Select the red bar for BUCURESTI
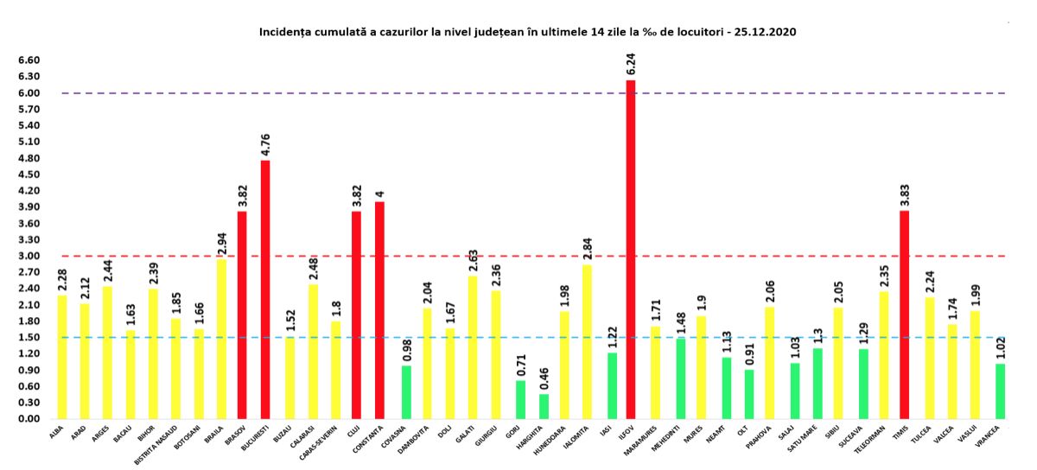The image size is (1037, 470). point(264,289)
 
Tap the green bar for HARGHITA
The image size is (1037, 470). point(543,406)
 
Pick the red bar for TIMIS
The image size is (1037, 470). point(904,314)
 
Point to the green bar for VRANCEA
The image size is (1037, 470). point(1000,391)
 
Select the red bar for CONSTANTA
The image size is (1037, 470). point(379,310)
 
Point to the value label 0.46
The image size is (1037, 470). point(543,378)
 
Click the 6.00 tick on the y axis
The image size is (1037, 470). point(29,93)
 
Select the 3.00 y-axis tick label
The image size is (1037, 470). point(29,256)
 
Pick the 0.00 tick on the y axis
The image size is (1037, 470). point(29,419)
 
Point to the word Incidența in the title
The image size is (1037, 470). point(286,32)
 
